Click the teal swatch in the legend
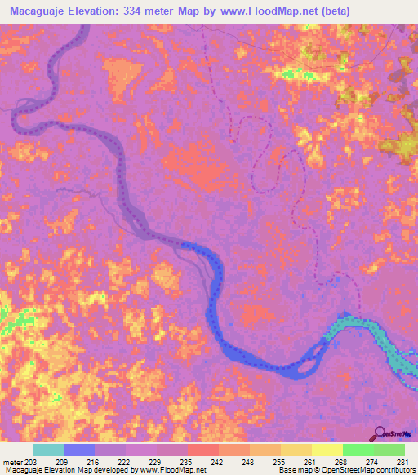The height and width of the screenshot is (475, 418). (x=48, y=450)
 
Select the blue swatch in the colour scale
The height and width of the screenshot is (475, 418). (x=79, y=450)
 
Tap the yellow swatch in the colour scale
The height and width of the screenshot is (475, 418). (x=327, y=450)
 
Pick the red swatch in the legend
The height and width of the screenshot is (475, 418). (x=203, y=450)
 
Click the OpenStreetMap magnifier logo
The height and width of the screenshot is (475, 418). (x=379, y=433)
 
